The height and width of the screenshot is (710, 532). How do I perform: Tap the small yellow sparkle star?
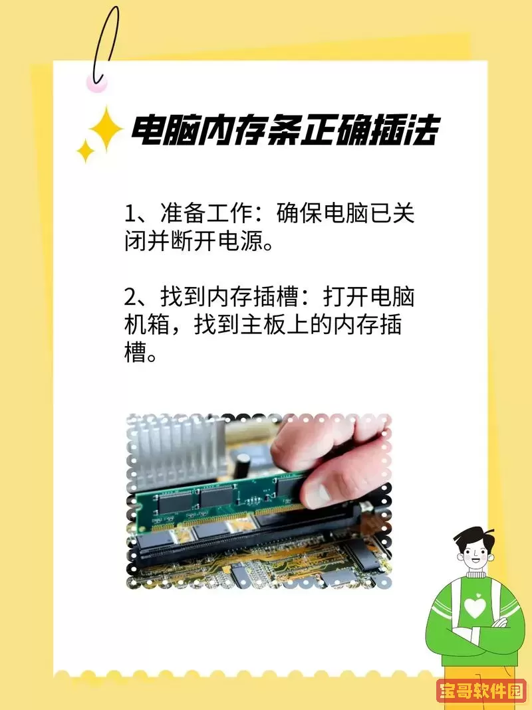[x=85, y=151]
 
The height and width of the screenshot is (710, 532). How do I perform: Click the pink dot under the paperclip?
[x=97, y=82]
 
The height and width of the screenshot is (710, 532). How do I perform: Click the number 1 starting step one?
[x=130, y=215]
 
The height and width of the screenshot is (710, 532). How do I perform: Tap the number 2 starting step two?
[x=130, y=297]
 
